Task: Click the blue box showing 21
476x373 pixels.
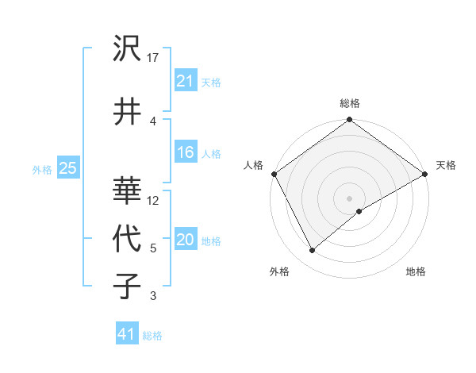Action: pyautogui.click(x=186, y=81)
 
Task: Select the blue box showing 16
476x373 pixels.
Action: pyautogui.click(x=186, y=153)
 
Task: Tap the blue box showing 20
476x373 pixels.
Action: pyautogui.click(x=186, y=240)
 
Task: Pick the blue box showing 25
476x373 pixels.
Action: pyautogui.click(x=67, y=168)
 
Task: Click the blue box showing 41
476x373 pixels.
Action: pyautogui.click(x=127, y=335)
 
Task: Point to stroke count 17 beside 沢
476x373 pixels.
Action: pyautogui.click(x=153, y=57)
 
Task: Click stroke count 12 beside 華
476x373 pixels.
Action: pyautogui.click(x=154, y=200)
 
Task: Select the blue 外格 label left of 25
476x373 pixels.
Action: pyautogui.click(x=42, y=169)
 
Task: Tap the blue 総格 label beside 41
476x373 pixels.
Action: pyautogui.click(x=152, y=336)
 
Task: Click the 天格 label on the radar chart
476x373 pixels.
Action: pyautogui.click(x=446, y=165)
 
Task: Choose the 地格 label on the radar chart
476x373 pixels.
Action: pyautogui.click(x=416, y=271)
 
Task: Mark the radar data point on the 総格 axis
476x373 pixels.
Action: pyautogui.click(x=349, y=121)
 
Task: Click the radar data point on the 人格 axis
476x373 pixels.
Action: pyautogui.click(x=274, y=174)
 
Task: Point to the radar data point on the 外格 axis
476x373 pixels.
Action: pyautogui.click(x=313, y=250)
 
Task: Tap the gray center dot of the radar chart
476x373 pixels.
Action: pyautogui.click(x=349, y=198)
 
